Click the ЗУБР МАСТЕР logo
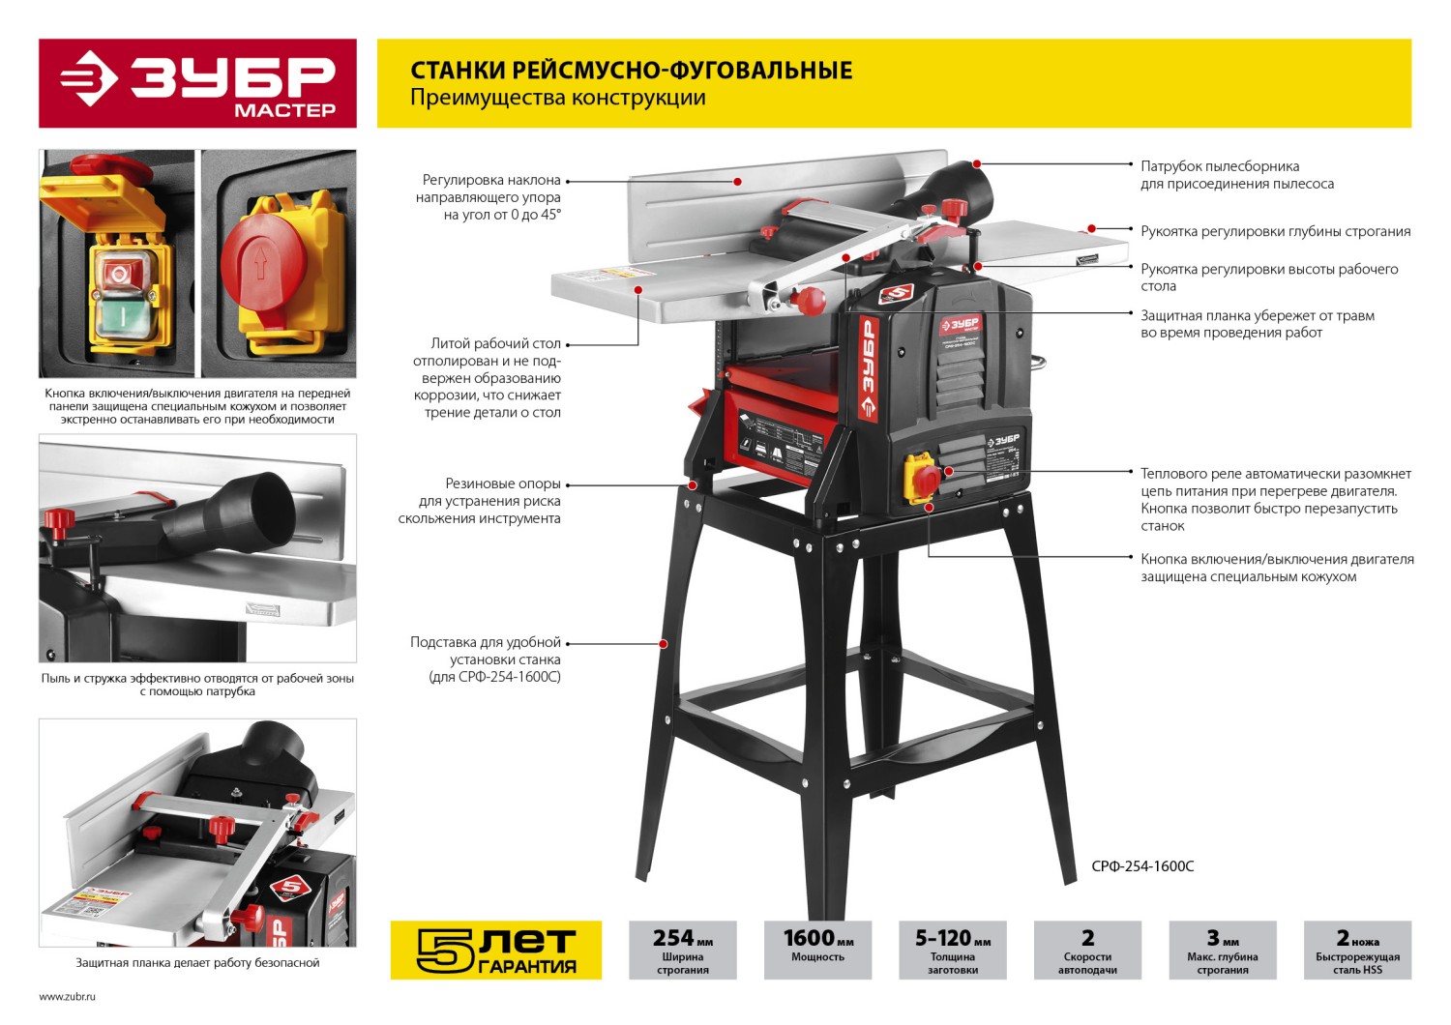(x=197, y=83)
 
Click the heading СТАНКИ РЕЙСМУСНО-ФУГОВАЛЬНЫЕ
(x=632, y=70)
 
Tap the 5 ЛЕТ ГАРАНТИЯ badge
(x=496, y=950)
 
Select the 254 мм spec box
(x=683, y=950)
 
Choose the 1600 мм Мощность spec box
(x=818, y=950)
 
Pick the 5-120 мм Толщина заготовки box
(x=953, y=950)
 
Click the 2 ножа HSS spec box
(x=1358, y=950)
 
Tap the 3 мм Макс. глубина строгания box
(x=1223, y=950)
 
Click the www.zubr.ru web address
(x=68, y=997)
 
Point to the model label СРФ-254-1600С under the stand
(x=1142, y=866)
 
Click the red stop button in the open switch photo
(x=119, y=273)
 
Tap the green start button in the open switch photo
(x=121, y=318)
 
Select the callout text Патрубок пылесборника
(x=1221, y=166)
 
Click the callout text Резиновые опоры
(x=503, y=483)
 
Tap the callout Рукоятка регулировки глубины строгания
(x=1276, y=232)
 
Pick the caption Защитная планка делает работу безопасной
(x=197, y=963)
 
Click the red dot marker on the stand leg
(x=664, y=644)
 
